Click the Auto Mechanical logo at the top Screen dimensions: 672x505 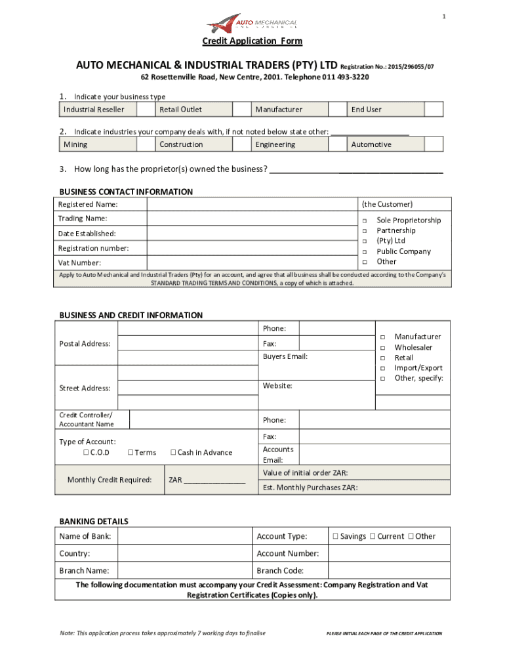click(252, 24)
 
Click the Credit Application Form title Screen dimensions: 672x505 click(252, 41)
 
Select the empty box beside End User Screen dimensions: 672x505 click(434, 110)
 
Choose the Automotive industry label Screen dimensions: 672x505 click(371, 144)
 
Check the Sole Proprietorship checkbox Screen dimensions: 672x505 click(364, 220)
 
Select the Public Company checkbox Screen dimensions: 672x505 click(364, 252)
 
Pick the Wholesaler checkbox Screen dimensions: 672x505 click(382, 348)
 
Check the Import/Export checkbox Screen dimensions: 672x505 click(382, 368)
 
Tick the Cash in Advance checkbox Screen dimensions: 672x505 click(173, 452)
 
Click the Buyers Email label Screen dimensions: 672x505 click(285, 356)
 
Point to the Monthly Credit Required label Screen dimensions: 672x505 click(110, 480)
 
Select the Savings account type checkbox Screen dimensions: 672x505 click(335, 536)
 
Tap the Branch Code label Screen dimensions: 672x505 click(280, 571)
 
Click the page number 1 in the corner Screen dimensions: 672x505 click(443, 16)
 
